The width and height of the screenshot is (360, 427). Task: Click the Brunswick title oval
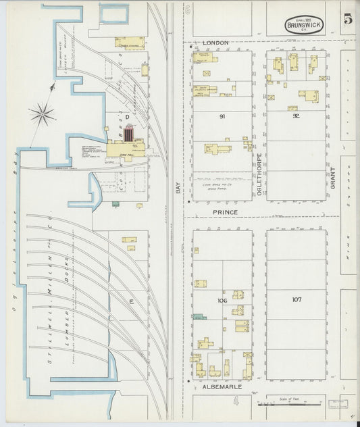pos(304,25)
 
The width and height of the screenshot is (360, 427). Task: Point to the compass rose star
pos(42,114)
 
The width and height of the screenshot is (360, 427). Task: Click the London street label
pos(215,43)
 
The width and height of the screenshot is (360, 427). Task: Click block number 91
pos(222,117)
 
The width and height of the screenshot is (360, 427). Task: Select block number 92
pos(296,116)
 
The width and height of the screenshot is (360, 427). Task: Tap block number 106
pos(222,299)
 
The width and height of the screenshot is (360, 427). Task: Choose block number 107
pos(297,299)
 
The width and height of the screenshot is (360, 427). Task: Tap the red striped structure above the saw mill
pos(129,132)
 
